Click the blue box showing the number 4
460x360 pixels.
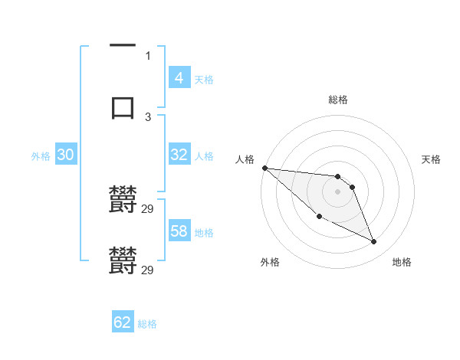179,77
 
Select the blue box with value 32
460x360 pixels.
179,154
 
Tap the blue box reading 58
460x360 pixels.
179,231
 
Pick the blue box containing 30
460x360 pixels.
65,154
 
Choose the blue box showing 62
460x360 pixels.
123,322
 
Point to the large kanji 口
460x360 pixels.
123,106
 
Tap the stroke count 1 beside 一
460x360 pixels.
148,55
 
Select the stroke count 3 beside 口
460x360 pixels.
148,116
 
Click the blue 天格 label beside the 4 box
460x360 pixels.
204,79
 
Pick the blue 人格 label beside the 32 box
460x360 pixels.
204,155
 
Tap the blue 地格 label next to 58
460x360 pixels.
204,232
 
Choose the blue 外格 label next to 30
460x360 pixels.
41,155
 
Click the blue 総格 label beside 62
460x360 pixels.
147,324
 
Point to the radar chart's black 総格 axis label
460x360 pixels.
338,100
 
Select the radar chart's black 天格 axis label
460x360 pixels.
432,159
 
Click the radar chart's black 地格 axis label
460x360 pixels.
402,262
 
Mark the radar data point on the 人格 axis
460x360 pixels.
264,168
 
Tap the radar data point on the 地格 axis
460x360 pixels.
374,242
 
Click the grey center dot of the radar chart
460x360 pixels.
338,191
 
